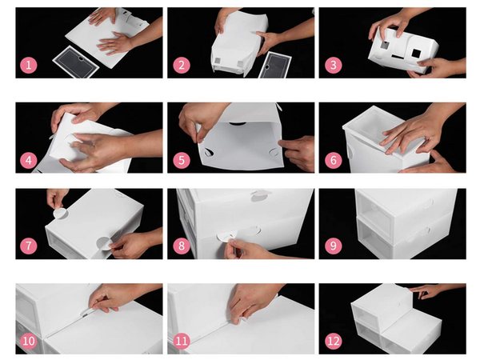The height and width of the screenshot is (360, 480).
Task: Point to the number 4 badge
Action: (29, 160)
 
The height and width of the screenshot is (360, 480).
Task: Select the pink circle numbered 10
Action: (29, 341)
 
